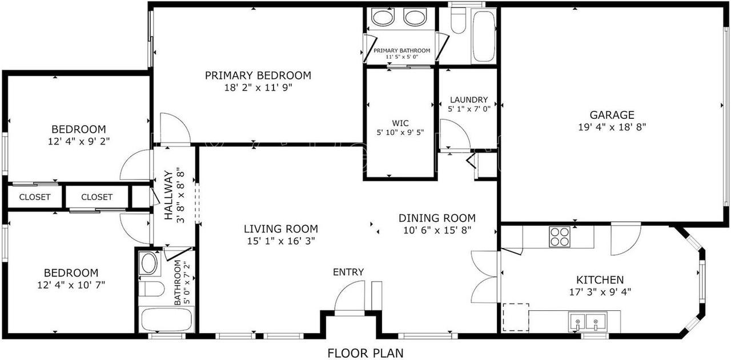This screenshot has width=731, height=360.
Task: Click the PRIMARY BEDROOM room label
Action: [x=258, y=75]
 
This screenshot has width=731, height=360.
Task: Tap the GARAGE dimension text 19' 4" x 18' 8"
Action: [x=612, y=127]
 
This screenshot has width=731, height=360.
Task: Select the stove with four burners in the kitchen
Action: [x=560, y=237]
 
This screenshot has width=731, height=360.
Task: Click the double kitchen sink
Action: [x=587, y=323]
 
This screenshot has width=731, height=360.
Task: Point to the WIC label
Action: [x=400, y=123]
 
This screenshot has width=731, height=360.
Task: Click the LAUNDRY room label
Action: [x=468, y=99]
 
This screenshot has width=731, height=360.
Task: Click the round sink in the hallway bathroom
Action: [x=150, y=263]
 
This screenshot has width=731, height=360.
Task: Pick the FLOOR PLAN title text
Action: [x=365, y=353]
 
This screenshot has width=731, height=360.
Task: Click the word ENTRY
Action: [x=348, y=272]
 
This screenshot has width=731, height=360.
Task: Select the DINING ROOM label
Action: [x=437, y=218]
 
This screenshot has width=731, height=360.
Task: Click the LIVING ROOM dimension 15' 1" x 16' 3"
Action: [x=280, y=241]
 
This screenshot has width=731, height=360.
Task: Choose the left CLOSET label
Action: [x=35, y=197]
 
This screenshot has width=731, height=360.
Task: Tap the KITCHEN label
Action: [x=600, y=280]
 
